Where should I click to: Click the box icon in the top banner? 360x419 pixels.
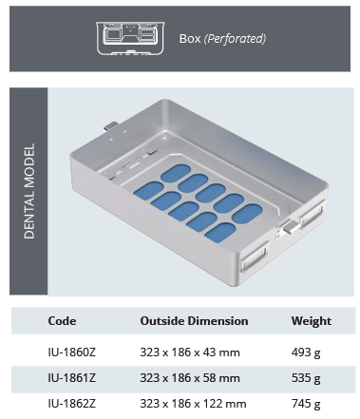point(132,38)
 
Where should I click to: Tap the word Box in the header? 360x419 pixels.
point(190,40)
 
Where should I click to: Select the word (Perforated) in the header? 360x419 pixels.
point(236,40)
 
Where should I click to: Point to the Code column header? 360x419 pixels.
point(62,321)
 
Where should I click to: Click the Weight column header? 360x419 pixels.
point(312,321)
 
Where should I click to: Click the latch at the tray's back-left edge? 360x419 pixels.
point(112,126)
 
